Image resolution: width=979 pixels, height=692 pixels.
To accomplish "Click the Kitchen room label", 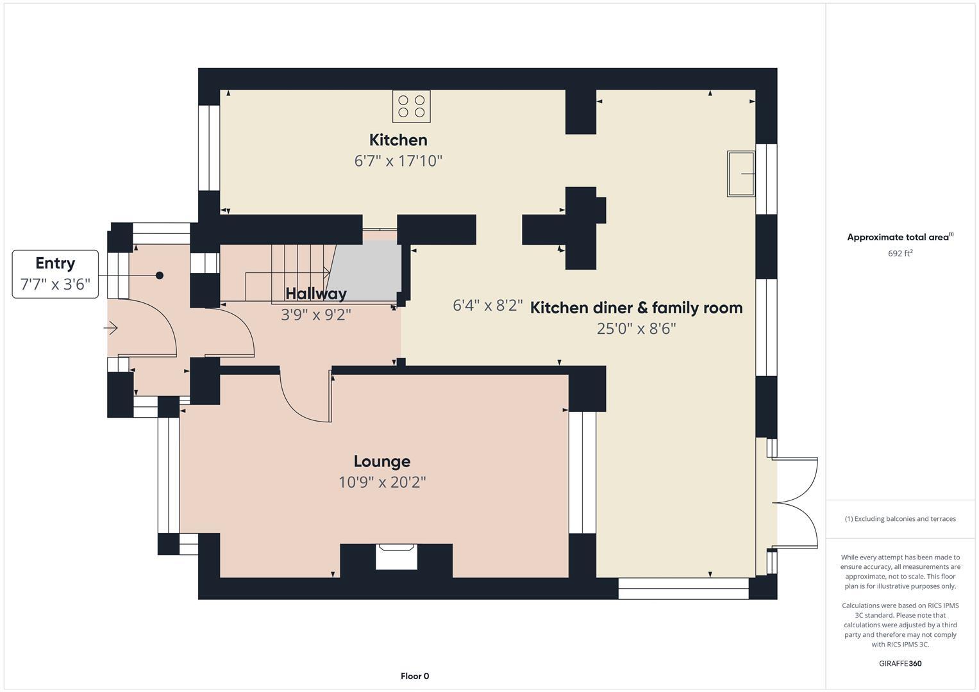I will pos(398,140).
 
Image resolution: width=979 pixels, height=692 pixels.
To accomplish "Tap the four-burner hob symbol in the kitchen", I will pos(411,106).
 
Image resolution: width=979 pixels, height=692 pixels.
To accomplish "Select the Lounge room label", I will pos(381,461).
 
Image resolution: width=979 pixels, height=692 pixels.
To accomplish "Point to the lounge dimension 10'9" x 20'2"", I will pos(382,482).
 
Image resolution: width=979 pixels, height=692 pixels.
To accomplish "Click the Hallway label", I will pos(316,293).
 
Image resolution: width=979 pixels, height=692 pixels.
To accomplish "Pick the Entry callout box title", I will pos(55,263).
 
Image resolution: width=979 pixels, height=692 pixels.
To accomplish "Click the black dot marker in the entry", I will pos(160,276).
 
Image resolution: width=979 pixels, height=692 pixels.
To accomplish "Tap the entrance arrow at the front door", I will pos(111,329).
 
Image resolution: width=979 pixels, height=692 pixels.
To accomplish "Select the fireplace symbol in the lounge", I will pos(396,556).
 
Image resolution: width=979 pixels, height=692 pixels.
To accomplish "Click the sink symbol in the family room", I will pos(741,174).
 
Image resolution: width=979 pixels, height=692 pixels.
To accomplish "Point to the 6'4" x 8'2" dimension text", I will pos(488,306).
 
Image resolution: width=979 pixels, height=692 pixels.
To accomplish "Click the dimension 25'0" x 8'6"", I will pos(636,329).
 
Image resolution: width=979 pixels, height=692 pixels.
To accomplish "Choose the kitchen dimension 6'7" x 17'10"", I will pos(398,161).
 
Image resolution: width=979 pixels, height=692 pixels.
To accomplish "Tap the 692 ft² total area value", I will pos(900,253).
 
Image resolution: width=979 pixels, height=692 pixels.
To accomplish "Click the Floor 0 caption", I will pos(415,676).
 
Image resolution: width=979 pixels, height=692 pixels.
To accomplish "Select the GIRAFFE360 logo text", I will pos(900,663).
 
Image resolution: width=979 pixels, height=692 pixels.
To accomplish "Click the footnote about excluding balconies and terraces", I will pos(900,519).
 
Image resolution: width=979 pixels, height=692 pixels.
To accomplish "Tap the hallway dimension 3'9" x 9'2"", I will pos(316,315).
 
